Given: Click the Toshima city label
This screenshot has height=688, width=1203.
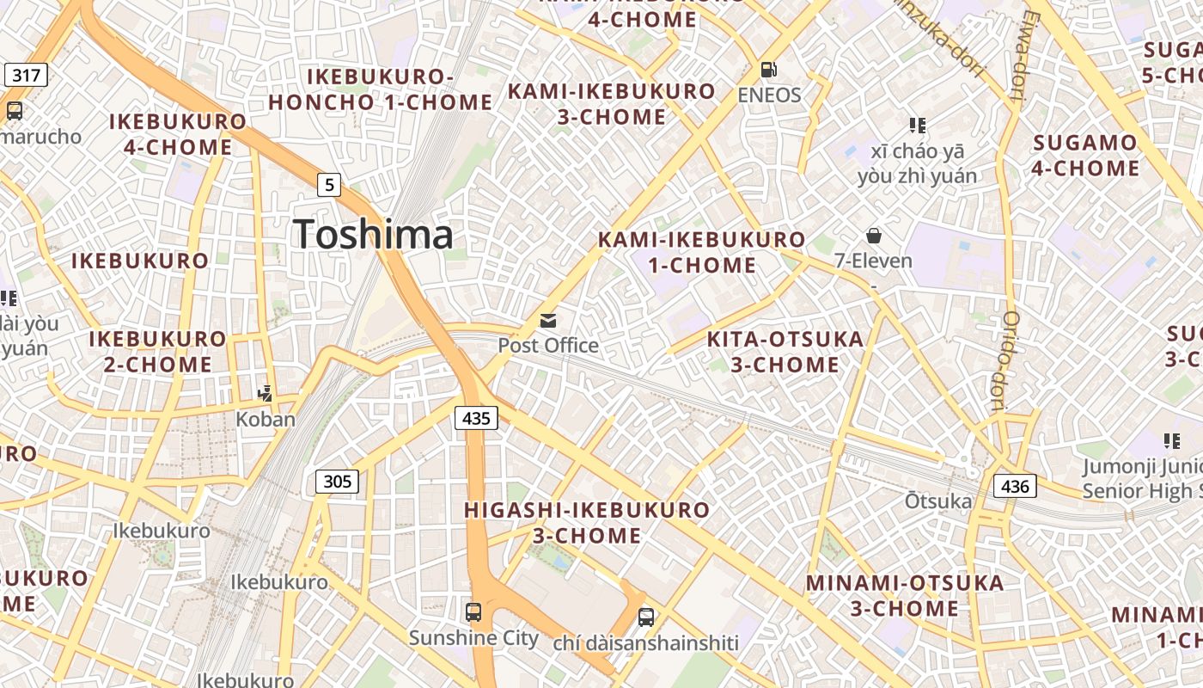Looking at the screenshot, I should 373,234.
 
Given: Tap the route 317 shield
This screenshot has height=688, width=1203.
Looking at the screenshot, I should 27,75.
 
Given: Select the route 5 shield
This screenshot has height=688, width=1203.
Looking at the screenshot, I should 329,184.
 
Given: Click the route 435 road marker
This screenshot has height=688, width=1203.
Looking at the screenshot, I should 475,418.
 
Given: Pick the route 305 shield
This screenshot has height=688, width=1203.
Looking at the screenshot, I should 337,481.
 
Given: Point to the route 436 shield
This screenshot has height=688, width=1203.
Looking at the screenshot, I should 1015,486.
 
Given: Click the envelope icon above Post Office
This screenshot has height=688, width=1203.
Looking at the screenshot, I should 548,321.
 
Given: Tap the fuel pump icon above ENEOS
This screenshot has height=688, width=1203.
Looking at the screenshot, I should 769,69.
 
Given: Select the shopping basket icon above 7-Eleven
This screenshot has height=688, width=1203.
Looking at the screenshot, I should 874,235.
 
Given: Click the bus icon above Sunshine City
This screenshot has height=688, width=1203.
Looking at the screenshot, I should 473,612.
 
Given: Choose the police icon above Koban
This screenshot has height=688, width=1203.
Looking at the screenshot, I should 266,394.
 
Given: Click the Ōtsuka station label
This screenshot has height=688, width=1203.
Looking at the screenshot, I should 938,501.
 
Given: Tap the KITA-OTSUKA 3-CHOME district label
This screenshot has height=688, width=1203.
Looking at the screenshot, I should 785,352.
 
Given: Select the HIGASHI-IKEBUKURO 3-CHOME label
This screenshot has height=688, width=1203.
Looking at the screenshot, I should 587,523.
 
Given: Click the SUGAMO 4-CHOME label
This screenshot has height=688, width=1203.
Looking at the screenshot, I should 1085,155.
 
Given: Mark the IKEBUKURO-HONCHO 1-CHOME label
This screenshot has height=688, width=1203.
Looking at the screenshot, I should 380,89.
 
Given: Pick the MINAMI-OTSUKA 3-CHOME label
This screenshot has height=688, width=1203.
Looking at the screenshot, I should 905,595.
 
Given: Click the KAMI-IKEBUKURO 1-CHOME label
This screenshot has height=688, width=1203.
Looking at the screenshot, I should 702,252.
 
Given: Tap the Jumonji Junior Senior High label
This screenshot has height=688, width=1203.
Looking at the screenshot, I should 1141,479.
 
